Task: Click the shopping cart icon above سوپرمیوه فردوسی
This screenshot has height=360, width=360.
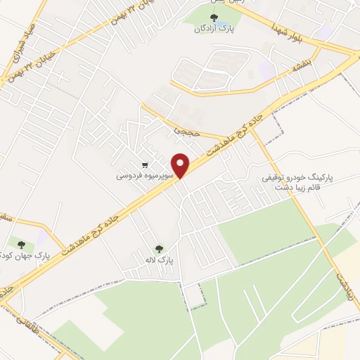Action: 144,165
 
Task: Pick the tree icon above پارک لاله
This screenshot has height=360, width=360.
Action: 159,248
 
